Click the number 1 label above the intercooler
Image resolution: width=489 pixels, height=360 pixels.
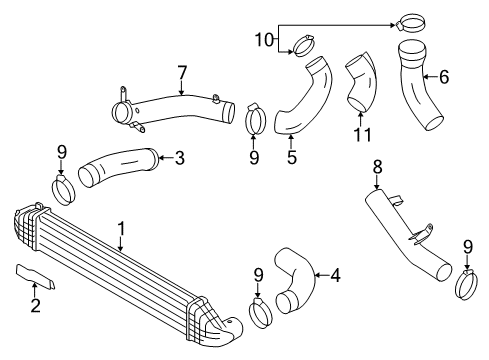(x=121, y=230)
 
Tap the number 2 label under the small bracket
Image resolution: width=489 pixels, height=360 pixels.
(x=35, y=304)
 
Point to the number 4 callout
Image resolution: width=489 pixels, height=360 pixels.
(x=335, y=273)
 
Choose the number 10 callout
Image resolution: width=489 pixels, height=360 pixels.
(x=263, y=39)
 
